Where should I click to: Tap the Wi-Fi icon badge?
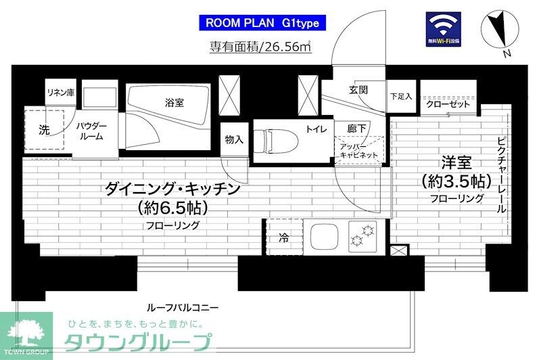(x=444, y=29)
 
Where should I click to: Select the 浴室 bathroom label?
(x=174, y=103)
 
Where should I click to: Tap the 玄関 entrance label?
(x=358, y=90)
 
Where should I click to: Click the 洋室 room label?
(x=452, y=163)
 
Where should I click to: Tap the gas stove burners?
(x=364, y=237)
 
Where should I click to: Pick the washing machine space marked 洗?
(x=44, y=129)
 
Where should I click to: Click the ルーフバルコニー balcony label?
(x=182, y=307)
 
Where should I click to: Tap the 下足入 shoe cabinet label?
(x=401, y=96)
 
